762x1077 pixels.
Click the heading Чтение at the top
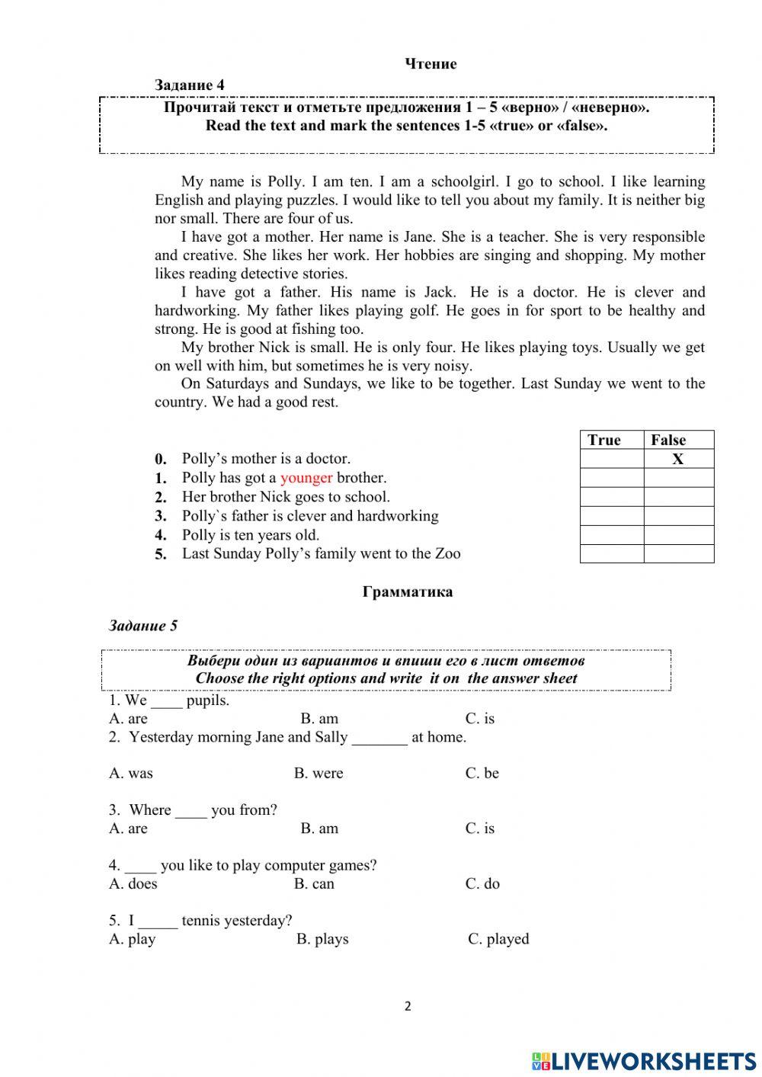[431, 64]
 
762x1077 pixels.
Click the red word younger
[306, 478]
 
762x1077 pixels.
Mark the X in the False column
[677, 459]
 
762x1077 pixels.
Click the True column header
[604, 440]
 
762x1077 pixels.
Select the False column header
[668, 440]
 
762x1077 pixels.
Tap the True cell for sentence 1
[612, 478]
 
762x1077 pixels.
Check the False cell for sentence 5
[678, 554]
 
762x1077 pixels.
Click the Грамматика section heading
[408, 591]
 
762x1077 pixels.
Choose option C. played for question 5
[498, 939]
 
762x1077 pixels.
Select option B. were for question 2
[319, 773]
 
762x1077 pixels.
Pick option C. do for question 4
[482, 883]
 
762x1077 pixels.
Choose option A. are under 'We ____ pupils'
[128, 718]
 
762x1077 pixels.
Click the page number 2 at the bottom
[408, 1006]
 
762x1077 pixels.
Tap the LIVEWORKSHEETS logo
[644, 1060]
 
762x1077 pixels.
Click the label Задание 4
[189, 85]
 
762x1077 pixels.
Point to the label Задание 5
[143, 626]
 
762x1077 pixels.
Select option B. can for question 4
[314, 883]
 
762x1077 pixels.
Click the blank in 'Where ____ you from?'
[190, 811]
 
